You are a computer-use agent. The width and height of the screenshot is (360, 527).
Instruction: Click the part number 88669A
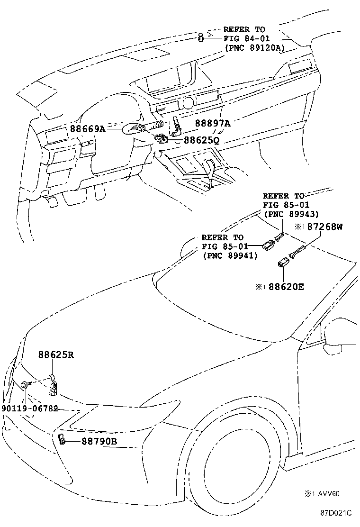pos(88,128)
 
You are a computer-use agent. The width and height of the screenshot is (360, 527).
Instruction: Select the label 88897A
pos(212,123)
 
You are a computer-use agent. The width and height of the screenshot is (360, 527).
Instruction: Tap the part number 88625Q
pos(201,140)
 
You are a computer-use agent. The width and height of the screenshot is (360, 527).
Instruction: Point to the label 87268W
pos(324,227)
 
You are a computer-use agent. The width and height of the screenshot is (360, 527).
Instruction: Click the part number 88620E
pos(287,286)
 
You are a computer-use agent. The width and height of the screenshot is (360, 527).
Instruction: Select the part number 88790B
pos(99,441)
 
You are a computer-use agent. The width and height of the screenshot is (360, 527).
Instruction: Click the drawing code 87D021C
pos(335,513)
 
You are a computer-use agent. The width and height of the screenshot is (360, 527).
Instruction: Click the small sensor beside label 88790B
pos(62,439)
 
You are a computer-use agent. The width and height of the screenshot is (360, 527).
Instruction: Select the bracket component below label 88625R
pos(54,386)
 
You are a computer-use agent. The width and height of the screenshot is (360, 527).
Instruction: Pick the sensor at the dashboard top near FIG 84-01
pos(201,37)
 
